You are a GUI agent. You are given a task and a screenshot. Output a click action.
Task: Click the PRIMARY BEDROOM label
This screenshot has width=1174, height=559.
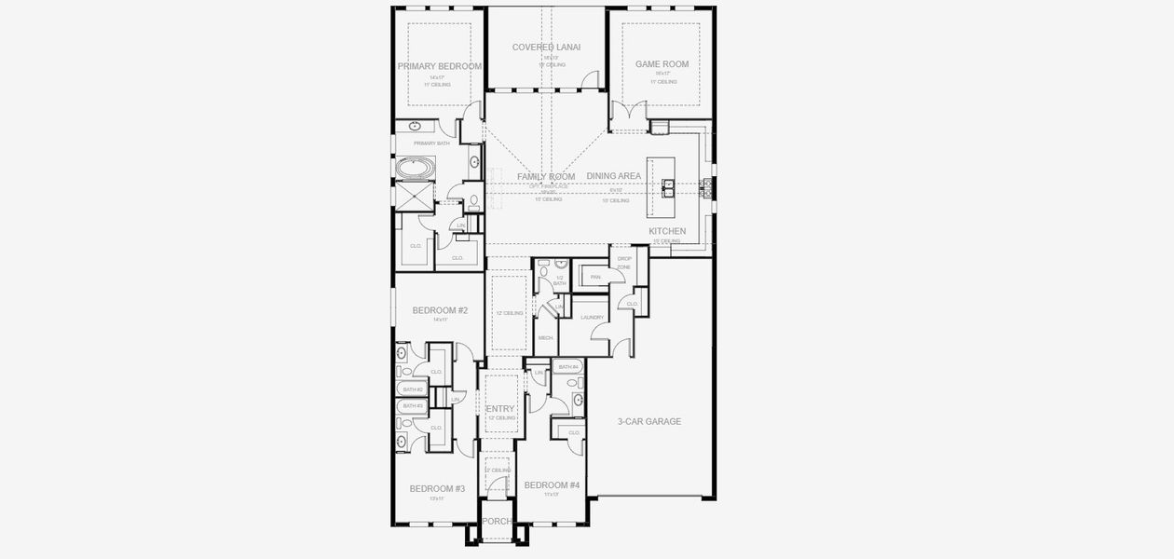pyautogui.click(x=439, y=66)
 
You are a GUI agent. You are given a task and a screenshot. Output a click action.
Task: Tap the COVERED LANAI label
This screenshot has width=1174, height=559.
pyautogui.click(x=547, y=47)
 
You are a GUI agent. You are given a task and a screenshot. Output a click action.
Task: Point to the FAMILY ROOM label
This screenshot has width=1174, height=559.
pyautogui.click(x=546, y=176)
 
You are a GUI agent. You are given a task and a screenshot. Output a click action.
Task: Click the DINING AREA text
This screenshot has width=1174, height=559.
pyautogui.click(x=613, y=176)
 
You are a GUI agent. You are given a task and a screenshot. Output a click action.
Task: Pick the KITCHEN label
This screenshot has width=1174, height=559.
pyautogui.click(x=667, y=231)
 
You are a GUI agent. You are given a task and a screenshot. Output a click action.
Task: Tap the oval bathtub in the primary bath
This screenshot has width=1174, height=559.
pyautogui.click(x=415, y=170)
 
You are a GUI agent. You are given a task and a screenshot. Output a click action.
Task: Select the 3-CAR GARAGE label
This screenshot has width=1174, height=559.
pyautogui.click(x=649, y=421)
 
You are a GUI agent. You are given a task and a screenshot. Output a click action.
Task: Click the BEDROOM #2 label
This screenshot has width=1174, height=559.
pyautogui.click(x=440, y=310)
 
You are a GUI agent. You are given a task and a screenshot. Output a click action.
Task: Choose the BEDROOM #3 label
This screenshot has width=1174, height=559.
pyautogui.click(x=437, y=488)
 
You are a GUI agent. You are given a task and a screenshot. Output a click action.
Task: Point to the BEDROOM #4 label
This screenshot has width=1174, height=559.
pyautogui.click(x=552, y=485)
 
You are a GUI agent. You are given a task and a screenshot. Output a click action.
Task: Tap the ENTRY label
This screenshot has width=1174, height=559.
pyautogui.click(x=500, y=409)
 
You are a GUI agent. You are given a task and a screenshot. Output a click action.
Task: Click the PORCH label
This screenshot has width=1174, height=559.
pyautogui.click(x=498, y=521)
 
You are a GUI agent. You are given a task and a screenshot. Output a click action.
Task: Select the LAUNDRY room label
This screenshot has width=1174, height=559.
pyautogui.click(x=593, y=318)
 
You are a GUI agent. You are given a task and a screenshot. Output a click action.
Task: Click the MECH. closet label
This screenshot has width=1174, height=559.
pyautogui.click(x=545, y=337)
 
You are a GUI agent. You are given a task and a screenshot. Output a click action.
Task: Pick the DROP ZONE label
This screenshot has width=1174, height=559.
pyautogui.click(x=624, y=263)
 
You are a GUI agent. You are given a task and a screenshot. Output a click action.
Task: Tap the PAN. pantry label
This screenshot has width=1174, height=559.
pyautogui.click(x=594, y=277)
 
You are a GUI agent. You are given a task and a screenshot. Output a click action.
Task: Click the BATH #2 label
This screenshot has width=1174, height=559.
pyautogui.click(x=413, y=389)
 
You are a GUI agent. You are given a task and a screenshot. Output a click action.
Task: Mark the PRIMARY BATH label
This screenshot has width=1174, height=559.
pyautogui.click(x=431, y=143)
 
